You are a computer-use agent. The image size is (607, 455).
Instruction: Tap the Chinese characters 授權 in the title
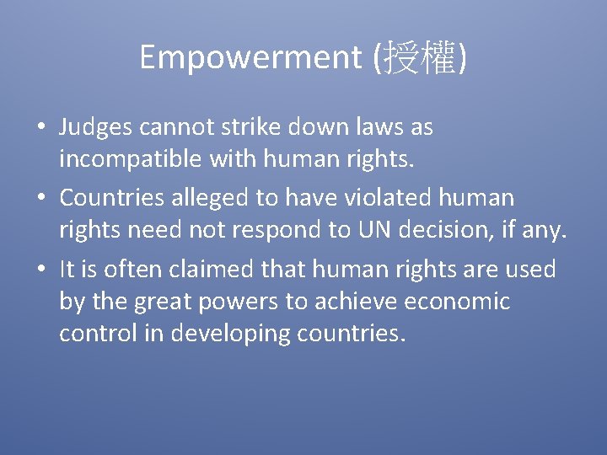click(x=420, y=57)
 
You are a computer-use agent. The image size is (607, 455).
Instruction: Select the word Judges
click(x=95, y=127)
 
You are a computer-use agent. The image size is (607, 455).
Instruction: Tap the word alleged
click(x=217, y=198)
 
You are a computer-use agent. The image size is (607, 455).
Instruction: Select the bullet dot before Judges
click(x=40, y=128)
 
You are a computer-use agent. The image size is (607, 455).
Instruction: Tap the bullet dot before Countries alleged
click(x=40, y=199)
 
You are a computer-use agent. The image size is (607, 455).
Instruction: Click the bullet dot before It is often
click(x=40, y=270)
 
